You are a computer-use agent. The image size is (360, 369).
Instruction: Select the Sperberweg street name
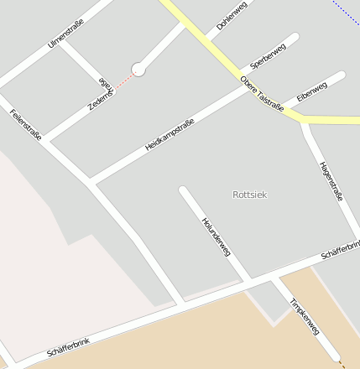[269, 55]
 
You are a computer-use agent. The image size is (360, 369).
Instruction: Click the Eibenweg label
[311, 92]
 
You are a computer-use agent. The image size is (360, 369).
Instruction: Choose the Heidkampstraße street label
[170, 135]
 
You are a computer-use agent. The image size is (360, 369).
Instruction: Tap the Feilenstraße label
[26, 123]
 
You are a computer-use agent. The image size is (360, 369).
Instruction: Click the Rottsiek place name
[249, 195]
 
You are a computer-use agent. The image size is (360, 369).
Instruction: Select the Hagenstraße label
[331, 181]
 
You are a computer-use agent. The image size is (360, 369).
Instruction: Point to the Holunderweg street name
[216, 236]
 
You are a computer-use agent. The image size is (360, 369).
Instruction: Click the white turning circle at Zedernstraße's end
[138, 70]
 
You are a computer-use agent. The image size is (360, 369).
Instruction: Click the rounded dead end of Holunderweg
[183, 190]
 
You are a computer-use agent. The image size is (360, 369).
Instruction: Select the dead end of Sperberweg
[294, 38]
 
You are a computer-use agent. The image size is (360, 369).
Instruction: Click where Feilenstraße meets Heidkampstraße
[90, 180]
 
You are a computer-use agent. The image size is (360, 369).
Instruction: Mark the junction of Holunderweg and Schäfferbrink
[248, 280]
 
